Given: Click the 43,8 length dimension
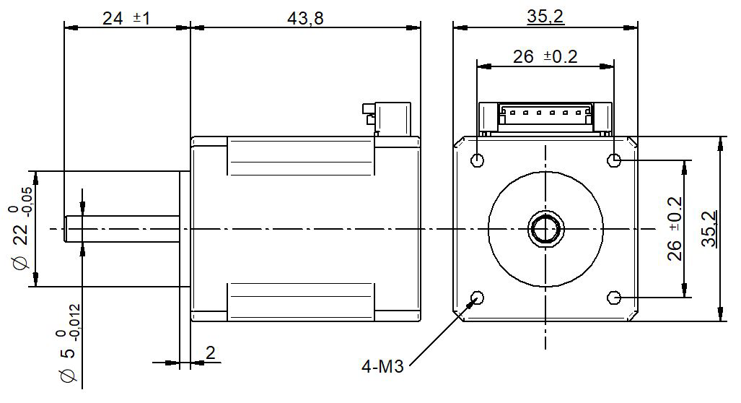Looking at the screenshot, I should (304, 19).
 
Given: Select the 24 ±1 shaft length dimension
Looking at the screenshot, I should (126, 19).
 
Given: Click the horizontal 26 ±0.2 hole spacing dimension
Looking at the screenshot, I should (545, 56).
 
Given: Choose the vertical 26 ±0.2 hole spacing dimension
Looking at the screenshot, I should (675, 229).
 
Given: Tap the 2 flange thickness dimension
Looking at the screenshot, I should (210, 353).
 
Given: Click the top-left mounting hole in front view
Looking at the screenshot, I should (477, 160).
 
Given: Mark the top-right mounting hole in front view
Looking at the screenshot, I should (614, 160).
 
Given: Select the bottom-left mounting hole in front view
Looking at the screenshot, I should (477, 297).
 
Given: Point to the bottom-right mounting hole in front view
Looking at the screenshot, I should (614, 297).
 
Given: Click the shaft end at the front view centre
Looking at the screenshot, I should (545, 228).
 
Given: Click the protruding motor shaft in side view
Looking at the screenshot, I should (123, 228).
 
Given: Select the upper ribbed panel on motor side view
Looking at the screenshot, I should (301, 157).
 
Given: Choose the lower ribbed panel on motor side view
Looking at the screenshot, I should (301, 301).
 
